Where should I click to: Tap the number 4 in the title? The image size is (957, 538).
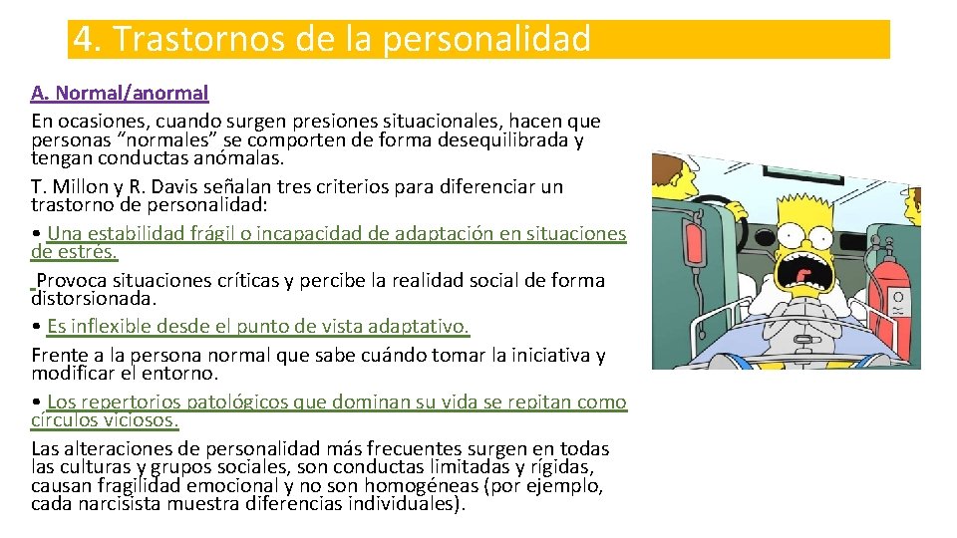pyautogui.click(x=86, y=40)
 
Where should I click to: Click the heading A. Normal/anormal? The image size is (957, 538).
pyautogui.click(x=120, y=94)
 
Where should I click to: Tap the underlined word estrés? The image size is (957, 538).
pyautogui.click(x=87, y=252)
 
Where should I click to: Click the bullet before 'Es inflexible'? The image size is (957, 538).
pyautogui.click(x=36, y=327)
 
